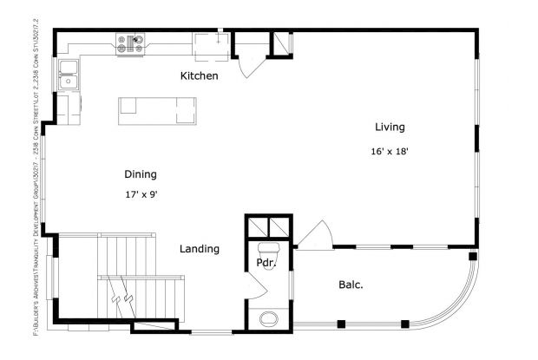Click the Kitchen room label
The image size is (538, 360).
[x=199, y=76]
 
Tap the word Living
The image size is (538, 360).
[x=390, y=128]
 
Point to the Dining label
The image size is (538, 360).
[x=140, y=173]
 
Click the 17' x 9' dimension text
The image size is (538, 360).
[x=141, y=195]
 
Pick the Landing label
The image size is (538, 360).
[x=199, y=249]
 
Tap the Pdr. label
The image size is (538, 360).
[x=266, y=263]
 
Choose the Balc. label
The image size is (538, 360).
[x=351, y=285]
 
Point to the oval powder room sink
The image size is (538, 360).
[x=269, y=317]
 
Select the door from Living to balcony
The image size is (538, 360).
[x=313, y=235]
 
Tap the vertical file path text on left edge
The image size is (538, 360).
[x=36, y=180]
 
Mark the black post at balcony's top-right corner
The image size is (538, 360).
[x=472, y=257]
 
